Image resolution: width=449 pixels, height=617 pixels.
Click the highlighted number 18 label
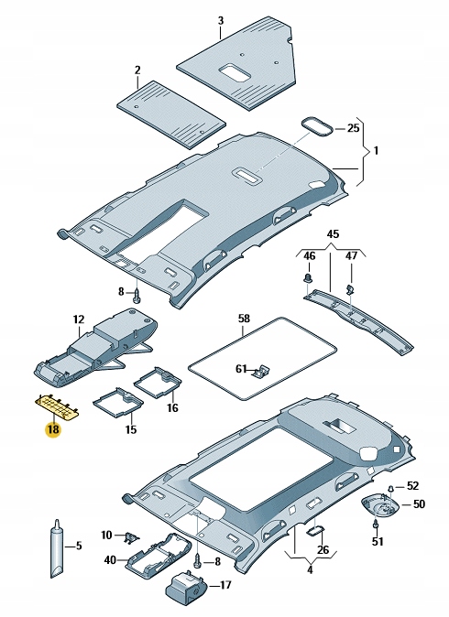(53, 428)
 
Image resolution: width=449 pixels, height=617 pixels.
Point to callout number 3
(220, 19)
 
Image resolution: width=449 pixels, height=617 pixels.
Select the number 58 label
(243, 318)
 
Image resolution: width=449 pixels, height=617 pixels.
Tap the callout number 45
(333, 235)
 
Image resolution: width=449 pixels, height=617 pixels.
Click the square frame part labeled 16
(157, 381)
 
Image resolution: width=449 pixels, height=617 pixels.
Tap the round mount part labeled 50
(384, 504)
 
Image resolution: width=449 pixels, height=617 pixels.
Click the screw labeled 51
(377, 525)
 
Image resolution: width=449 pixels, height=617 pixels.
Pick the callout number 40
(109, 559)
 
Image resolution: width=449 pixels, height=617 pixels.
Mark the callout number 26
(322, 549)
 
